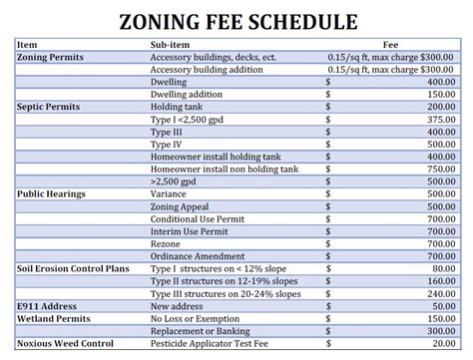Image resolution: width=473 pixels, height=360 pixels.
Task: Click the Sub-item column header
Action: point(171,45)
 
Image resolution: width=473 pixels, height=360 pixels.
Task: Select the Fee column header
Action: point(392,45)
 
